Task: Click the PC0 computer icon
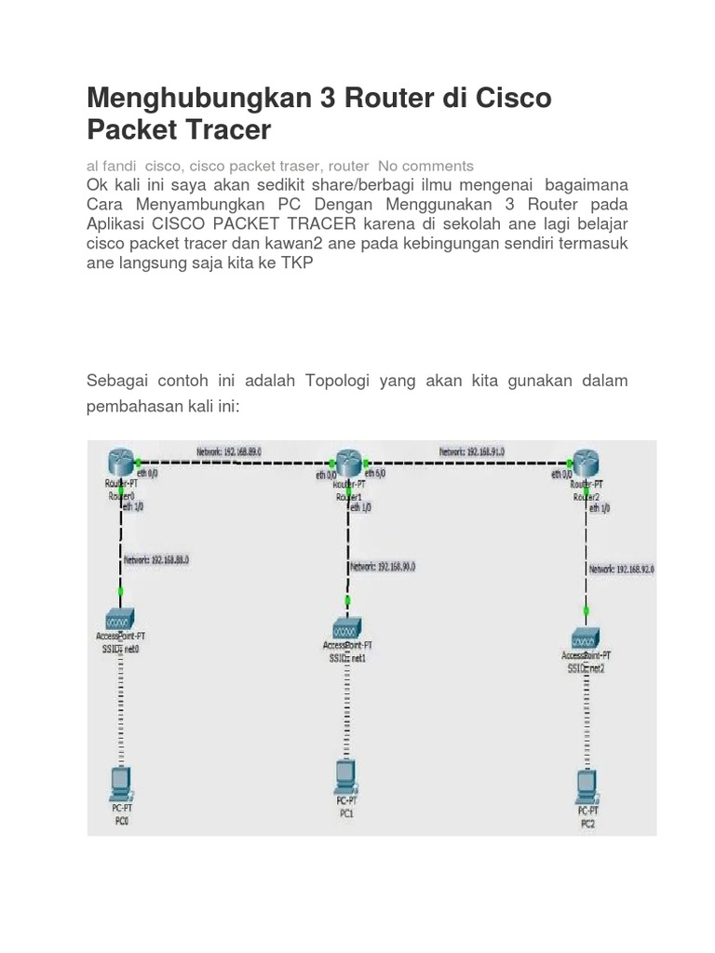(x=121, y=784)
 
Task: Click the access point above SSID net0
(x=121, y=619)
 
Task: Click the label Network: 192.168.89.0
(x=228, y=451)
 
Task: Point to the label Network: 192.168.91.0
(x=472, y=451)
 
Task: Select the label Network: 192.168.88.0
(x=156, y=560)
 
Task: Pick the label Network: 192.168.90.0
(x=383, y=566)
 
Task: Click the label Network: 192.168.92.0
(x=622, y=569)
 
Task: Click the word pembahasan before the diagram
(x=140, y=408)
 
